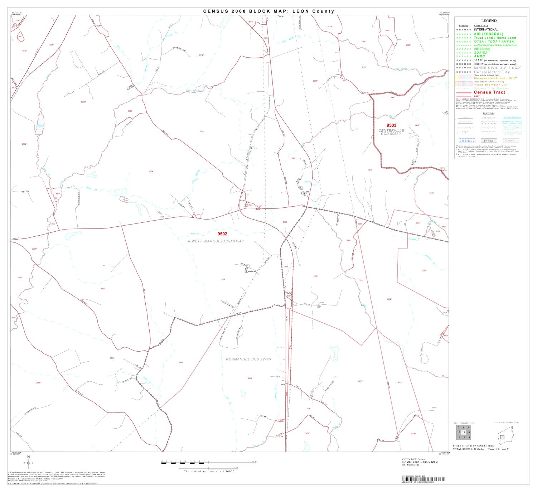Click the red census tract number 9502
pyautogui.click(x=222, y=234)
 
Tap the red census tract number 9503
pyautogui.click(x=391, y=125)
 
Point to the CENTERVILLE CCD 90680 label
pyautogui.click(x=391, y=132)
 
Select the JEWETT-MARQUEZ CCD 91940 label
pyautogui.click(x=215, y=241)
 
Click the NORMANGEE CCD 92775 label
pyautogui.click(x=246, y=359)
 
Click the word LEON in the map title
pyautogui.click(x=301, y=11)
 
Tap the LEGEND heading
pyautogui.click(x=489, y=21)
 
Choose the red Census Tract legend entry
pyautogui.click(x=489, y=92)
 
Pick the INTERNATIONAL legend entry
pyautogui.click(x=486, y=30)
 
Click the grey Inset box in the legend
pyautogui.click(x=488, y=141)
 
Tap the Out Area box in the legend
pyautogui.click(x=511, y=141)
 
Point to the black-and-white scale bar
pyautogui.click(x=208, y=463)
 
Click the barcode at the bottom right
pyautogui.click(x=423, y=479)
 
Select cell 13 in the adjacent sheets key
pyautogui.click(x=464, y=433)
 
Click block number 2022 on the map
pyautogui.click(x=202, y=131)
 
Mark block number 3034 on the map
pyautogui.click(x=181, y=363)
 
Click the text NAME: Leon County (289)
pyautogui.click(x=420, y=462)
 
